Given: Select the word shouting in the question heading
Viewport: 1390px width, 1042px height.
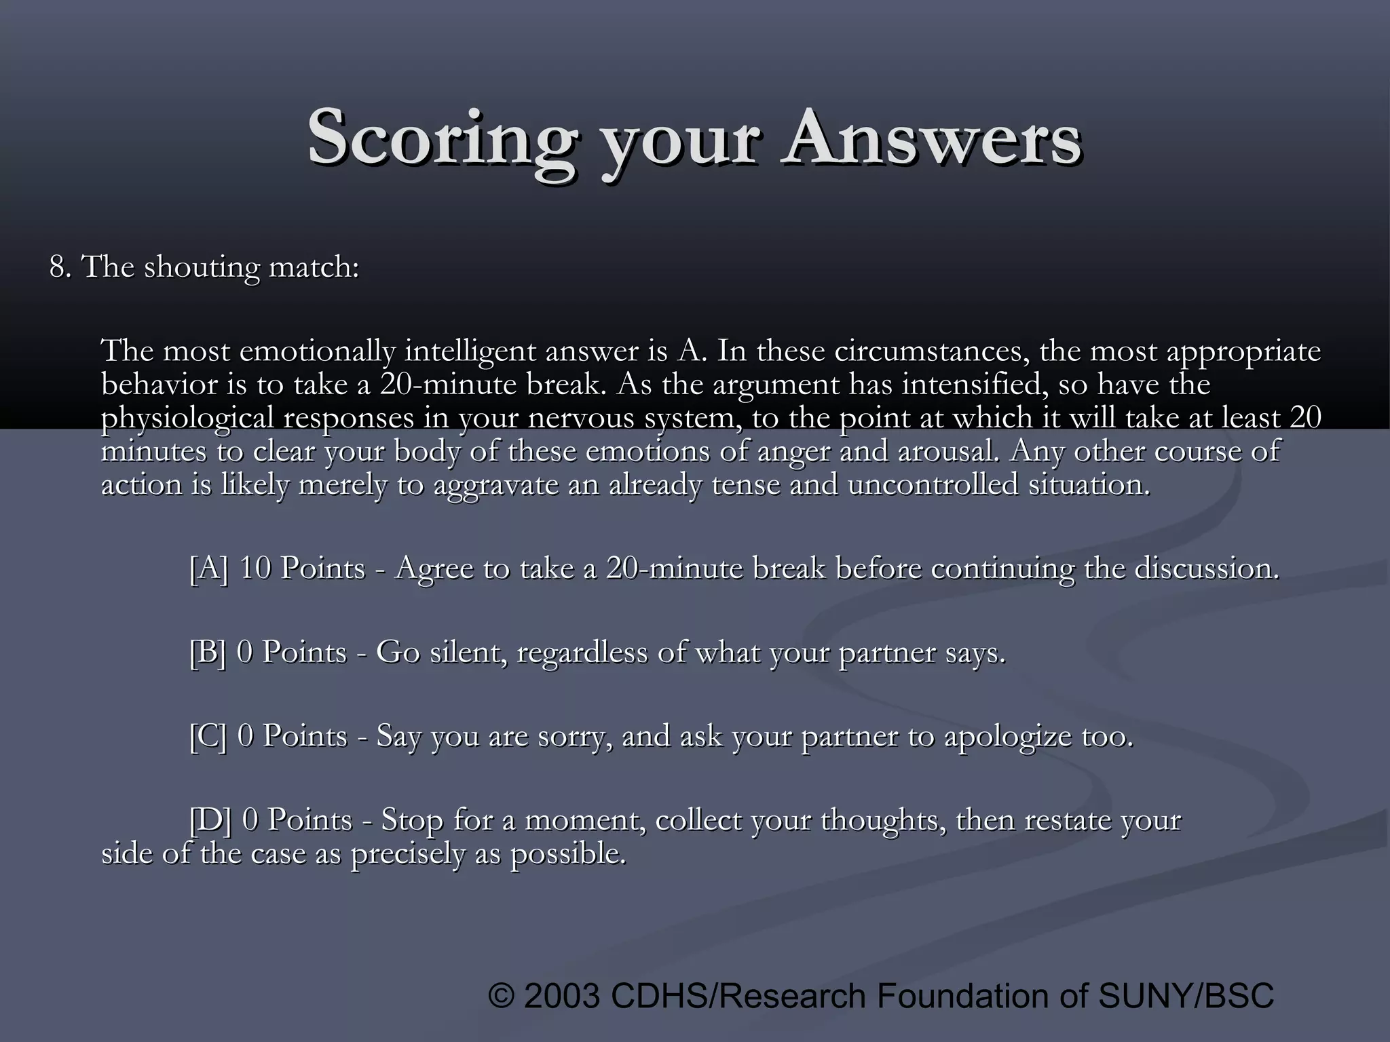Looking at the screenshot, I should coord(202,268).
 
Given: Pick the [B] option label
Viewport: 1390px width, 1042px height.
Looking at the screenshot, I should coord(208,653).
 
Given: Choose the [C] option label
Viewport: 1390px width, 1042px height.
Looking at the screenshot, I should coord(208,737).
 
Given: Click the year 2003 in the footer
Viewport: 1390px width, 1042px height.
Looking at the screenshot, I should coord(562,996).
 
